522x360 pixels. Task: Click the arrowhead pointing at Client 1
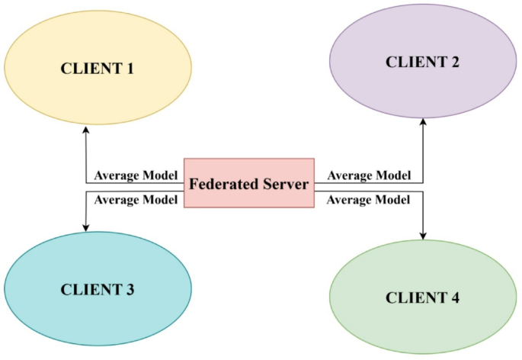click(x=85, y=130)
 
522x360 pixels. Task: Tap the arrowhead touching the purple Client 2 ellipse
click(x=423, y=121)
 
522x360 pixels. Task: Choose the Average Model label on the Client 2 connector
click(x=369, y=175)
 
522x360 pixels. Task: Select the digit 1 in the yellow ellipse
click(x=130, y=69)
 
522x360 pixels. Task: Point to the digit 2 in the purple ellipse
click(x=454, y=63)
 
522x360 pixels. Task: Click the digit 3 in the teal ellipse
click(x=130, y=290)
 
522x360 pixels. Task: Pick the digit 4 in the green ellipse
click(x=455, y=297)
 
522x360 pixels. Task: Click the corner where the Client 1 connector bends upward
click(x=85, y=183)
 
